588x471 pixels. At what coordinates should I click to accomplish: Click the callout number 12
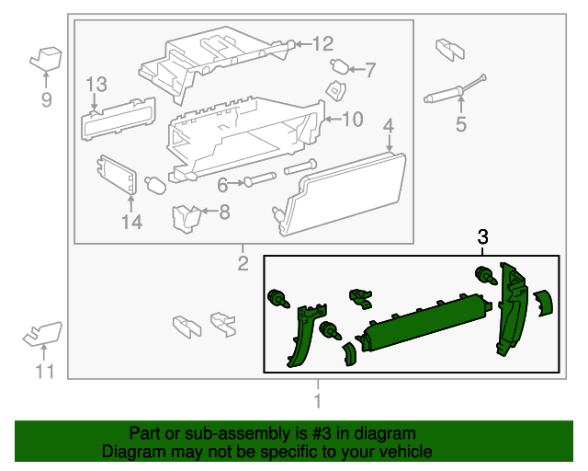pyautogui.click(x=322, y=43)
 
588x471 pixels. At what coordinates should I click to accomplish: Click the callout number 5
pyautogui.click(x=461, y=123)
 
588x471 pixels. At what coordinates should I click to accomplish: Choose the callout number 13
pyautogui.click(x=96, y=85)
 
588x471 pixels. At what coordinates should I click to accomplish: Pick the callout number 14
pyautogui.click(x=132, y=222)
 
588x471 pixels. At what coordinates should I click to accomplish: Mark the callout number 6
pyautogui.click(x=222, y=185)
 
